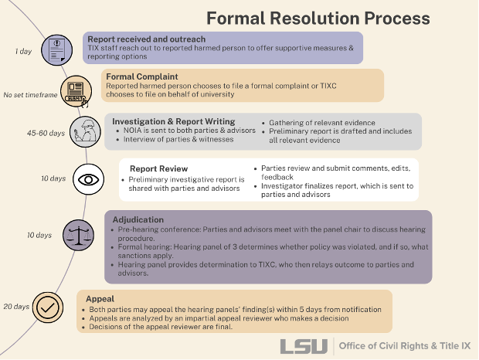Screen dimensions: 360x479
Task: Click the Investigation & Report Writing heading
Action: tap(174, 121)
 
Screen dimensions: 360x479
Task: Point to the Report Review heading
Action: tap(158, 168)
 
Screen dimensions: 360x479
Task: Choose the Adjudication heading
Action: tap(138, 219)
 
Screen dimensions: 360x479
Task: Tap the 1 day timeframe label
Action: tap(24, 52)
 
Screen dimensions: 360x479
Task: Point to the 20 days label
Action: tap(15, 307)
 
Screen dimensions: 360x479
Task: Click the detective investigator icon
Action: tap(83, 132)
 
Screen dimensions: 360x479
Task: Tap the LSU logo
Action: tap(304, 346)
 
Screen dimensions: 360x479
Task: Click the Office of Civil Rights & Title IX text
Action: tap(404, 346)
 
